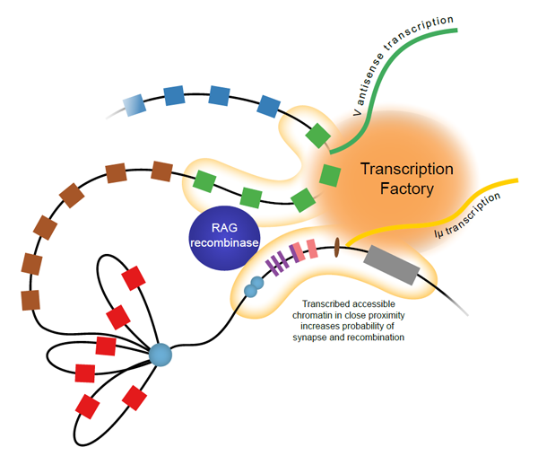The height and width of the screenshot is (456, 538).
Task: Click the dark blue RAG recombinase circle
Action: tap(225, 238)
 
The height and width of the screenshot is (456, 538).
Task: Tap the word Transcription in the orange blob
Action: tap(407, 169)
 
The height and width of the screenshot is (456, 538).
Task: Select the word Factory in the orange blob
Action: tap(407, 189)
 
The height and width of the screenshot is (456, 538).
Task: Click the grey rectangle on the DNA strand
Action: tap(392, 265)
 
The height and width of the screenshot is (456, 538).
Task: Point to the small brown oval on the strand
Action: tap(337, 247)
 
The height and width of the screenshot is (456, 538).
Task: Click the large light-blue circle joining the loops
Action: tap(161, 355)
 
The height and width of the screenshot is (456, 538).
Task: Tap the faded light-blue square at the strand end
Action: tap(134, 105)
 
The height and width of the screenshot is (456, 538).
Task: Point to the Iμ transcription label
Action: tap(468, 215)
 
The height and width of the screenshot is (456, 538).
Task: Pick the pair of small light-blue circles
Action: tap(254, 287)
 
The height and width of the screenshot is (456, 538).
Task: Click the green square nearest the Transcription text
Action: tap(330, 175)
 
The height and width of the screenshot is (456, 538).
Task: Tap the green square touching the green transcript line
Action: tap(318, 136)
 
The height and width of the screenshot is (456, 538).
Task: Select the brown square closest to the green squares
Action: tap(162, 171)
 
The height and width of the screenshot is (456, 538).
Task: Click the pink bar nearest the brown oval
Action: tap(312, 249)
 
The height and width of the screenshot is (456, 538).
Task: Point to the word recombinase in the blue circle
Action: tap(224, 242)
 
